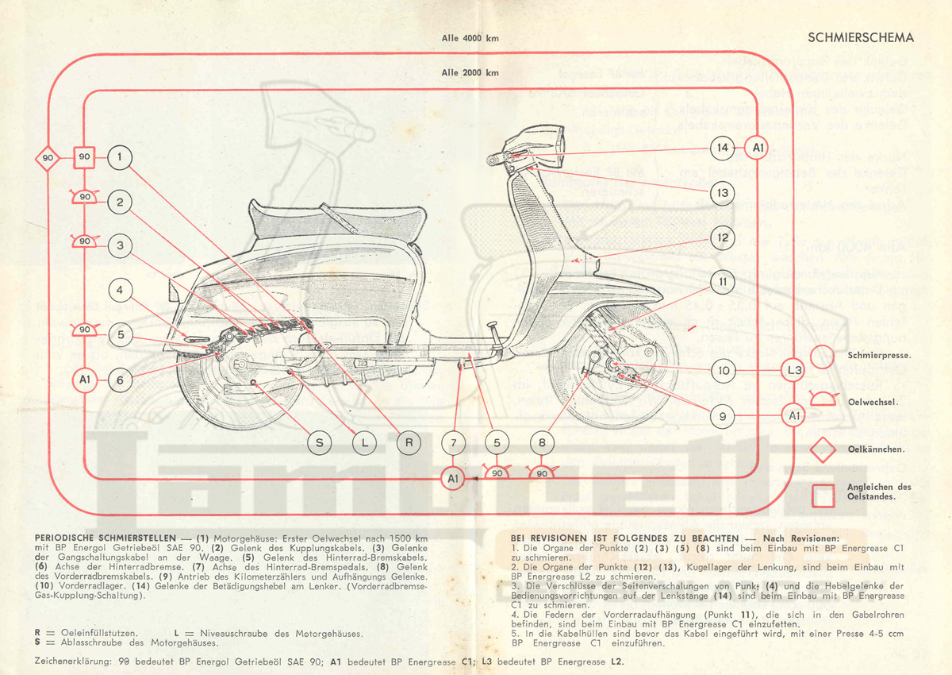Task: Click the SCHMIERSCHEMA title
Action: [860, 37]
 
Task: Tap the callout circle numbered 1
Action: [119, 157]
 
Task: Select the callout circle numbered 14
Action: [722, 148]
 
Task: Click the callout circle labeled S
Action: [320, 443]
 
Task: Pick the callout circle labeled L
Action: [364, 443]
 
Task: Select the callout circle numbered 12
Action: [722, 237]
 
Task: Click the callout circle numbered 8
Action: [543, 443]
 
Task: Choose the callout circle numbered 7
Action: [453, 443]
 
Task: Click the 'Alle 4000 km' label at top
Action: [470, 37]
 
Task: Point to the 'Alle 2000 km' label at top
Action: [470, 73]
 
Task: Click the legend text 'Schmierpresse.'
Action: [878, 356]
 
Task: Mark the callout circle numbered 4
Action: [119, 291]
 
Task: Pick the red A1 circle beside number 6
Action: [85, 380]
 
